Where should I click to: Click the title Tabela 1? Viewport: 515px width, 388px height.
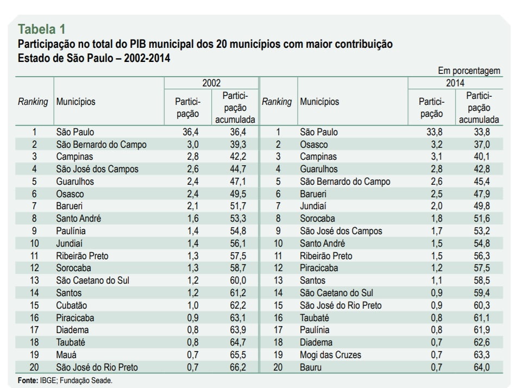tap(42, 29)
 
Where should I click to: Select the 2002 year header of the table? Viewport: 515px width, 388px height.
tap(211, 83)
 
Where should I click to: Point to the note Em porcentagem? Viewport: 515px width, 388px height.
tap(469, 71)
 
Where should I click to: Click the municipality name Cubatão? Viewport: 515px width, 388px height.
tap(72, 305)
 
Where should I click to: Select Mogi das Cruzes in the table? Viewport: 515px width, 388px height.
tap(330, 355)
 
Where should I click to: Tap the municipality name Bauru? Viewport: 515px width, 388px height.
tap(311, 367)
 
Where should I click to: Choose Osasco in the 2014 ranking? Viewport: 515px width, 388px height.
tap(314, 145)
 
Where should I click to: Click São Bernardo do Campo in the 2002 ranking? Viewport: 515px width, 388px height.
tap(102, 145)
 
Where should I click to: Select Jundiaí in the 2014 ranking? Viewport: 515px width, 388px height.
tap(314, 206)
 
